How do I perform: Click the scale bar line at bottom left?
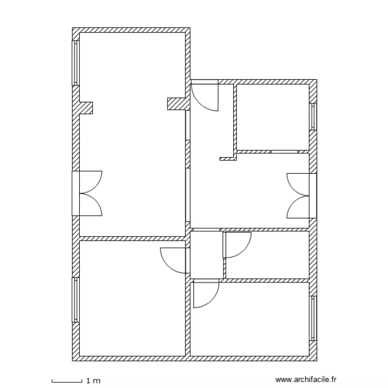click(67, 382)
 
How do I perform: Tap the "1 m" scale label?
click(94, 381)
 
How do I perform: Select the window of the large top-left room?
click(76, 63)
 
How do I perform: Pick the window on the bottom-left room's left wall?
click(76, 300)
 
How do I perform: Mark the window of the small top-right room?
click(313, 116)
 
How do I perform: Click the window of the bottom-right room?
click(313, 319)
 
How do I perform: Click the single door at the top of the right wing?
click(205, 97)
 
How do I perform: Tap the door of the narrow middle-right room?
click(237, 245)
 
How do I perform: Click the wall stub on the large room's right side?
click(176, 103)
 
